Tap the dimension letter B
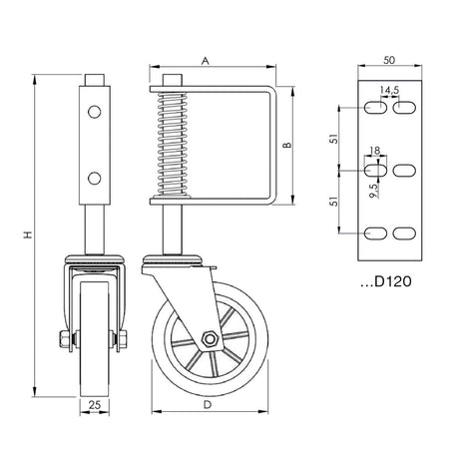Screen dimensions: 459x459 click(x=286, y=146)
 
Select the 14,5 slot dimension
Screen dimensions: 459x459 click(x=389, y=90)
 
